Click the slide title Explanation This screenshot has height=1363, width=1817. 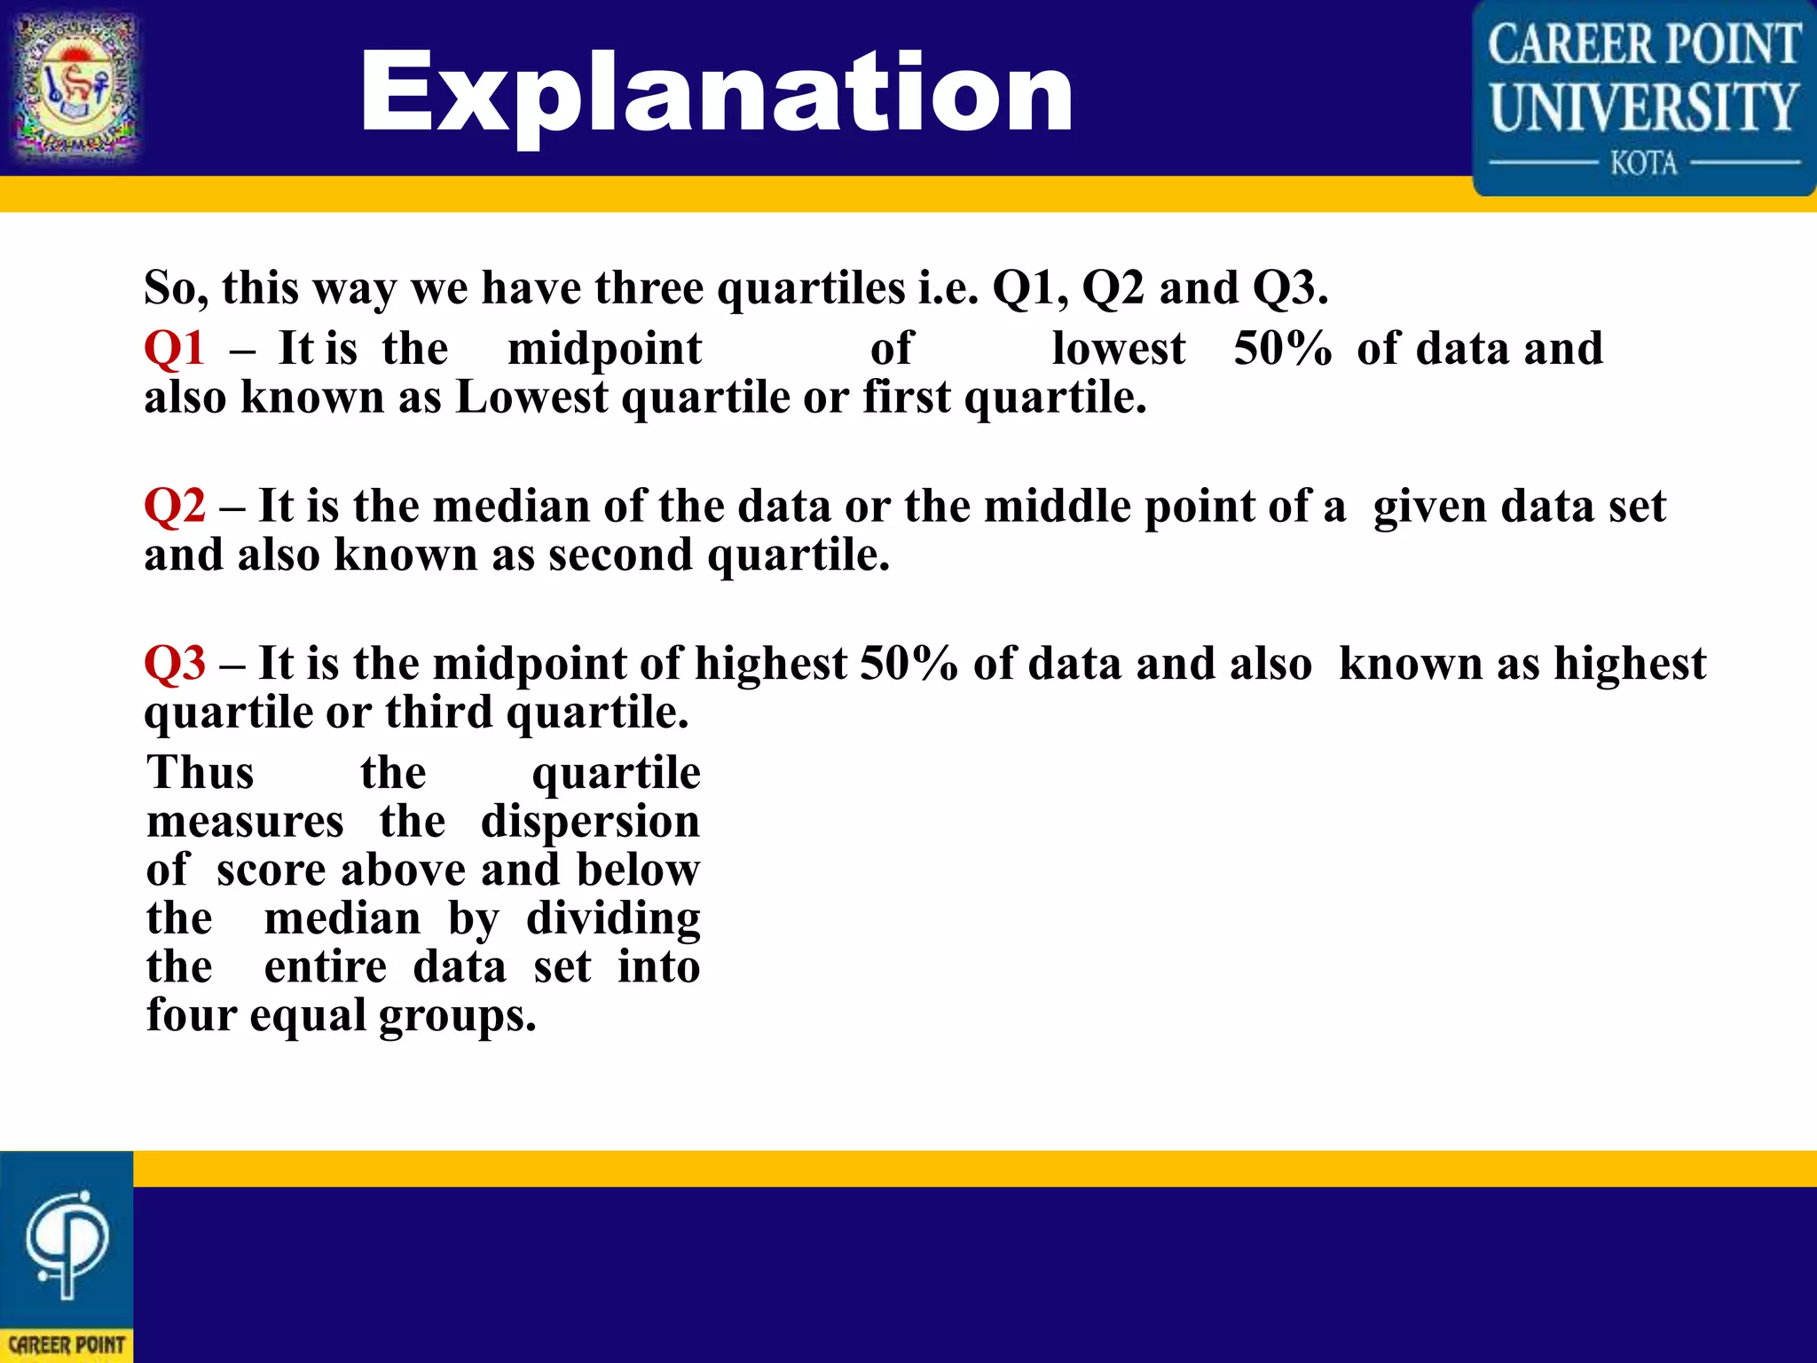pyautogui.click(x=716, y=93)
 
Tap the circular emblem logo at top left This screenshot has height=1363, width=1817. pyautogui.click(x=76, y=87)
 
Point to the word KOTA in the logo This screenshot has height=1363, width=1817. pyautogui.click(x=1643, y=163)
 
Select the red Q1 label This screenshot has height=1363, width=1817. pyautogui.click(x=175, y=348)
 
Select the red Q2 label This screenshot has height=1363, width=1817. pyautogui.click(x=175, y=506)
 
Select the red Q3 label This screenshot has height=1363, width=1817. pyautogui.click(x=175, y=663)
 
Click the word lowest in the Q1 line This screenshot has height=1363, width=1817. pyautogui.click(x=1118, y=348)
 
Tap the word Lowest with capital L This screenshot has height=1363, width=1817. pyautogui.click(x=531, y=397)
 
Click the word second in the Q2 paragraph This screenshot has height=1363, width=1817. pyautogui.click(x=620, y=555)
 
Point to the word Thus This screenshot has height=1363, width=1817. pyautogui.click(x=201, y=772)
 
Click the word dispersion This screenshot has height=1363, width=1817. pyautogui.click(x=590, y=821)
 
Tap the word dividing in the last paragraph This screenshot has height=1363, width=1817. pyautogui.click(x=613, y=918)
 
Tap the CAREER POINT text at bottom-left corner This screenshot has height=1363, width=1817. pyautogui.click(x=67, y=1345)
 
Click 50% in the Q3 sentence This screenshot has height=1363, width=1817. pyautogui.click(x=908, y=663)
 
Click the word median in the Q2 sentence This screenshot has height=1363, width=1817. pyautogui.click(x=511, y=506)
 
